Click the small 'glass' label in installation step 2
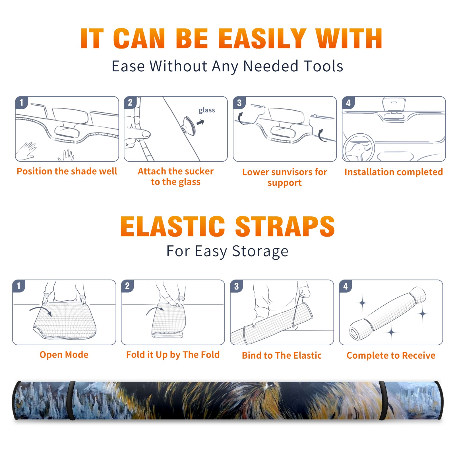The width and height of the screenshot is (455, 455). point(207,110)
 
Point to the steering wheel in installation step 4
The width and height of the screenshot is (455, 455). point(359,148)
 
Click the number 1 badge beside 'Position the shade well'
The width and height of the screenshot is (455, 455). point(21,102)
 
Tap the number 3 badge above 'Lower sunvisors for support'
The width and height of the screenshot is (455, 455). point(239,103)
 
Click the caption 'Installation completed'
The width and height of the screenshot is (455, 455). point(394,172)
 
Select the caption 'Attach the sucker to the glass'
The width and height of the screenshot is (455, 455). point(176,176)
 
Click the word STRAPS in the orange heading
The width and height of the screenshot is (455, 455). point(285,226)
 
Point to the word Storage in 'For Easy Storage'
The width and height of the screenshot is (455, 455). point(260,251)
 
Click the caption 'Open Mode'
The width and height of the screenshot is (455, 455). point(64,355)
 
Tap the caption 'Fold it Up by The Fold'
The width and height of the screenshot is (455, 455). point(173,355)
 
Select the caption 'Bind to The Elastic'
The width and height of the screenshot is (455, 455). point(282,355)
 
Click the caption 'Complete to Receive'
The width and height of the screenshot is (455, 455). point(391,355)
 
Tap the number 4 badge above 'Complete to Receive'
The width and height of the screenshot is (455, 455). point(346,286)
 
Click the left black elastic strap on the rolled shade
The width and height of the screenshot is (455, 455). point(71,400)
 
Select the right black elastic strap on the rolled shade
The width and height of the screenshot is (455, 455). point(383,400)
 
